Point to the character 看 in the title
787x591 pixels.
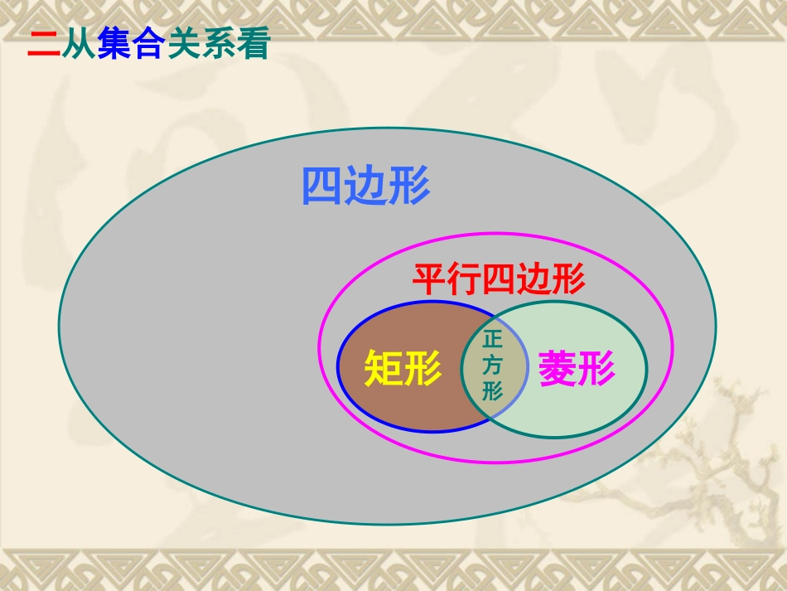(x=253, y=45)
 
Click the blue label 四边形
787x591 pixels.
(x=365, y=186)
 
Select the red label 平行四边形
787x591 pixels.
(x=499, y=280)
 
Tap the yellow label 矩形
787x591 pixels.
(x=403, y=368)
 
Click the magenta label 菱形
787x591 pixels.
(x=577, y=368)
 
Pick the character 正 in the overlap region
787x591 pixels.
(x=493, y=341)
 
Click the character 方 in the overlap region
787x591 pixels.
(x=493, y=365)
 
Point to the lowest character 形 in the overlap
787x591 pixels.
(x=493, y=390)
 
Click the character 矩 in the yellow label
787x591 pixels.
(x=384, y=368)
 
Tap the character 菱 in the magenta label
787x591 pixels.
(x=558, y=368)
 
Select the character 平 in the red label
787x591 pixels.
(x=430, y=280)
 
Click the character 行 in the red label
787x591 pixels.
(x=464, y=280)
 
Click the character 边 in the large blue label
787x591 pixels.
(x=365, y=186)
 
